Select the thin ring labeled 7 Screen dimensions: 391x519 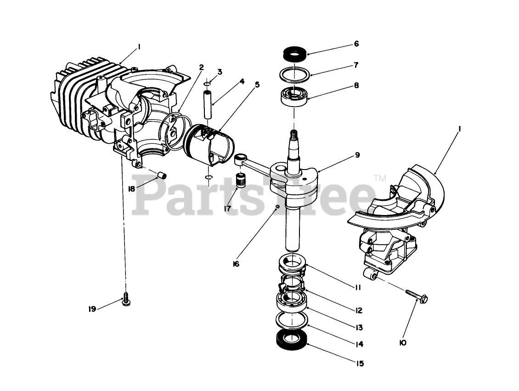(294, 74)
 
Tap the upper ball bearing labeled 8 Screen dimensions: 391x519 (294, 95)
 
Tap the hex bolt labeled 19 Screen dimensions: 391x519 (124, 300)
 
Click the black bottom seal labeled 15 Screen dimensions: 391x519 (291, 340)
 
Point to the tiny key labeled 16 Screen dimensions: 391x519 (277, 207)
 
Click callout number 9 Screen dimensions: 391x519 (357, 155)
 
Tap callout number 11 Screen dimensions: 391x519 (357, 288)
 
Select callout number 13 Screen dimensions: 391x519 (358, 328)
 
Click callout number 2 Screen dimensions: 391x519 (201, 67)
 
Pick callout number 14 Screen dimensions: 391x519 (359, 344)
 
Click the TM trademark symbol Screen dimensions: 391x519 (379, 177)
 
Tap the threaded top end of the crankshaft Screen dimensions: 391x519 (293, 136)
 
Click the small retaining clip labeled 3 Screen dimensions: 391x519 (208, 84)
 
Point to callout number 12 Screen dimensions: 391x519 (358, 311)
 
